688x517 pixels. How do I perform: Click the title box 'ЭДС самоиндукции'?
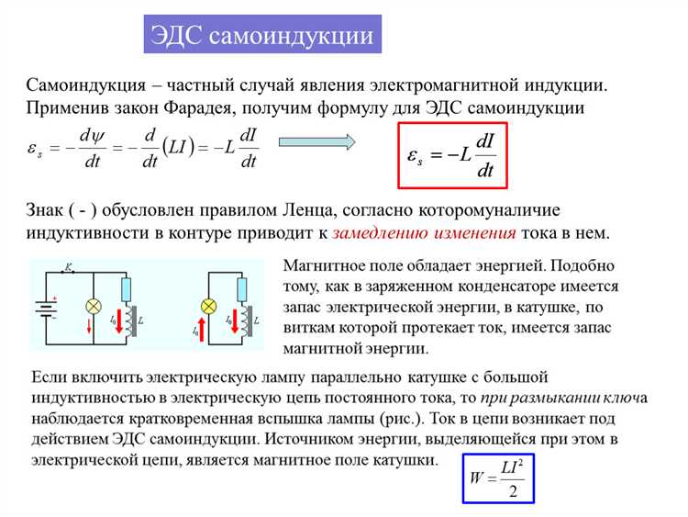coord(264,35)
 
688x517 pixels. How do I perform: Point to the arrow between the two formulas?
coord(316,141)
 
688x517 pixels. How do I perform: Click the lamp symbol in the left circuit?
coord(93,305)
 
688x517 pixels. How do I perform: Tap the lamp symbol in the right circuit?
coord(208,305)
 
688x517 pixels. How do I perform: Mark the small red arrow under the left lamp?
coord(90,327)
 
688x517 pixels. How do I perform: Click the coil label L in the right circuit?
coord(257,319)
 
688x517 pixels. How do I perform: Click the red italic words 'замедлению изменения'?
coord(424,232)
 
